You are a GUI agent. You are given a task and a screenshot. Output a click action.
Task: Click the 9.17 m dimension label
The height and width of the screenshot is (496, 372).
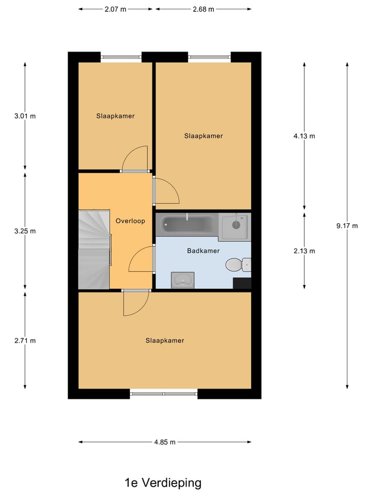(347, 225)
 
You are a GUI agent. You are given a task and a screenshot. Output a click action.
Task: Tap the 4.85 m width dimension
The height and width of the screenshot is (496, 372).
(165, 442)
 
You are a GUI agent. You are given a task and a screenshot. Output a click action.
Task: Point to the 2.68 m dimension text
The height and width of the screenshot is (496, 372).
(203, 9)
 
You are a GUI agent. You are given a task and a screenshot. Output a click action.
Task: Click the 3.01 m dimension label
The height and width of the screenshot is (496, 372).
(25, 116)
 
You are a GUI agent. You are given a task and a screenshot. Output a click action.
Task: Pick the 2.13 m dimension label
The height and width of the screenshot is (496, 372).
(304, 251)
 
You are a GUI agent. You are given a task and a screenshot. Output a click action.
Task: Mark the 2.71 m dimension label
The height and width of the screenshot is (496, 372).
(25, 340)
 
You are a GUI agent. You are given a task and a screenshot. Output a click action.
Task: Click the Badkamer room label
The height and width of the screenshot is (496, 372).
(203, 251)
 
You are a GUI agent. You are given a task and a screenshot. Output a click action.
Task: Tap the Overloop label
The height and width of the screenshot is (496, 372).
(130, 221)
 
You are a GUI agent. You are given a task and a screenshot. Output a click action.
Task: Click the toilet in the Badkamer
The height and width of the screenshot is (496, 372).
(238, 265)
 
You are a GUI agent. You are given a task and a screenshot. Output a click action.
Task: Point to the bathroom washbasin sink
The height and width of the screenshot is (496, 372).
(182, 280)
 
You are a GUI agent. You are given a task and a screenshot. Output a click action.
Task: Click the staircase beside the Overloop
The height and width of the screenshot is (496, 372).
(94, 249)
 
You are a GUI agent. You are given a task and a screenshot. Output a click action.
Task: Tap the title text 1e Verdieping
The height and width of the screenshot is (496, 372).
(163, 483)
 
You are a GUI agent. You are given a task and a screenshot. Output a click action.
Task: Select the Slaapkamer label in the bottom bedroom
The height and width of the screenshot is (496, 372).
(165, 340)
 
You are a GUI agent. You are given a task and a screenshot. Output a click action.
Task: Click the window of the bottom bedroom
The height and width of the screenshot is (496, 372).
(164, 394)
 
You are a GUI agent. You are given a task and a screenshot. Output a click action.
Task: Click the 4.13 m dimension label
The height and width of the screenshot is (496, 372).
(304, 136)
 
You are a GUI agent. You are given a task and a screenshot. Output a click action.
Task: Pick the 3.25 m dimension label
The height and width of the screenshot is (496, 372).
(25, 231)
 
